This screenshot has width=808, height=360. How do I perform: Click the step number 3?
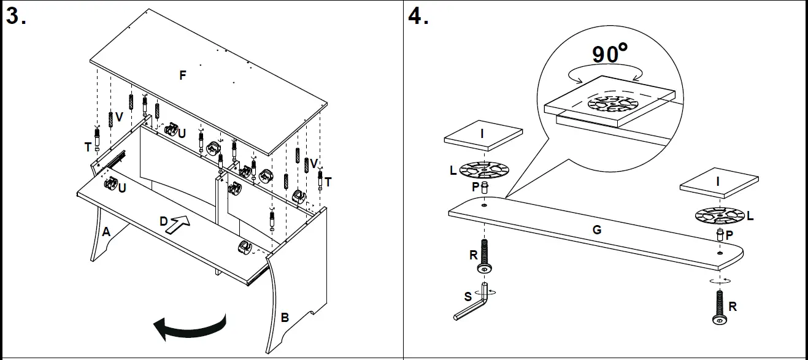[16, 17]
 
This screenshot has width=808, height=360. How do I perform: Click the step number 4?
[418, 17]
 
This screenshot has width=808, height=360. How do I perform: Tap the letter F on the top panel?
[182, 75]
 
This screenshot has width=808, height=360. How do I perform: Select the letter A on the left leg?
[106, 232]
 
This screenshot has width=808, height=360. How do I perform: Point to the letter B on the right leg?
[285, 317]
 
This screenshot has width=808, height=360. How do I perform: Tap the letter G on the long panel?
[596, 230]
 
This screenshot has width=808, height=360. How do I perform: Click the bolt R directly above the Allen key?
[485, 258]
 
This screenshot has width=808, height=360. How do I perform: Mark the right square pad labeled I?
[718, 182]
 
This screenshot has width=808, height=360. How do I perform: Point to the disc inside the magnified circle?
[612, 104]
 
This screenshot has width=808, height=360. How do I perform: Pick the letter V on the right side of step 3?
[314, 163]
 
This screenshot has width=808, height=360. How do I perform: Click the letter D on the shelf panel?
[164, 221]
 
